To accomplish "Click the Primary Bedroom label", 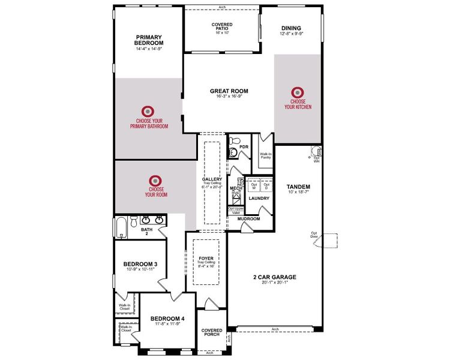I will coord(149,40).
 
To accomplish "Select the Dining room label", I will coord(290,28).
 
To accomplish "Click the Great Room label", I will coord(229,91).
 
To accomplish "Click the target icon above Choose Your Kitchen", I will coord(298,92).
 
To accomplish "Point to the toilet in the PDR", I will coord(233,152).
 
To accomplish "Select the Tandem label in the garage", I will coord(298,187).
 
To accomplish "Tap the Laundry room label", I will coord(259,198).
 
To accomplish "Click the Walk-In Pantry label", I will coord(265,156).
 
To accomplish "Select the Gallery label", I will coord(212,179).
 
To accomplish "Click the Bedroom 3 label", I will coord(140,264).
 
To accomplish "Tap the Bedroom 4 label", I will coord(166,318).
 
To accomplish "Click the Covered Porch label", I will coord(212,332).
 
